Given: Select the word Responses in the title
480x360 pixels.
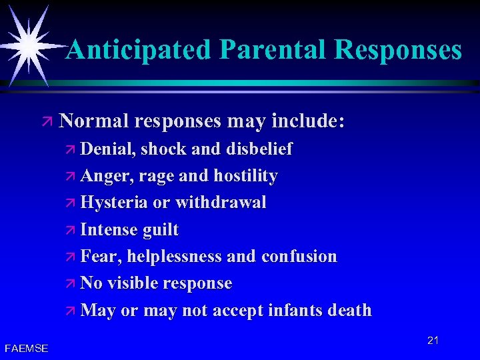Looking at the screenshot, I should pyautogui.click(x=398, y=49).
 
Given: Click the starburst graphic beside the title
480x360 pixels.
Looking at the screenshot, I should pyautogui.click(x=29, y=41).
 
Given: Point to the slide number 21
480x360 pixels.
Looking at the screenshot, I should pyautogui.click(x=433, y=341).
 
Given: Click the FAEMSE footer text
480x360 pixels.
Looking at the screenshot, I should pyautogui.click(x=26, y=348).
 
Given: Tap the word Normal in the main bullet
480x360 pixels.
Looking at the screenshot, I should pyautogui.click(x=93, y=121).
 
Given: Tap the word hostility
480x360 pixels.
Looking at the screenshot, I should pyautogui.click(x=245, y=176).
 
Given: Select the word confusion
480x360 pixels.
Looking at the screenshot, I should pyautogui.click(x=299, y=257).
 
